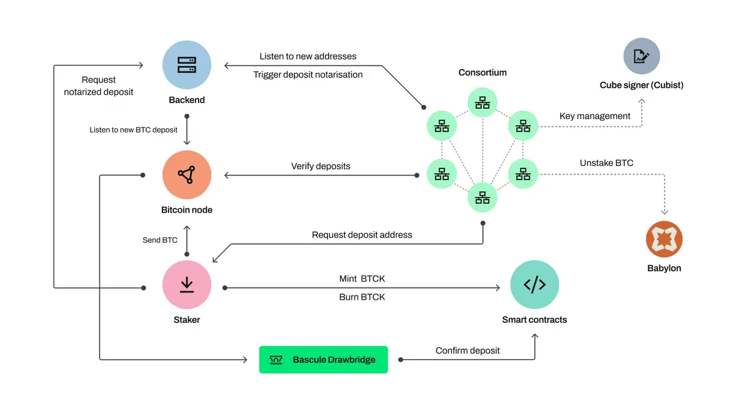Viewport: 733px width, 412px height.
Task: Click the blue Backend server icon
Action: (187, 65)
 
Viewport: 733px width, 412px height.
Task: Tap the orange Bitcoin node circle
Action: (187, 175)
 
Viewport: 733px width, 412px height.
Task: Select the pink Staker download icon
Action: (187, 285)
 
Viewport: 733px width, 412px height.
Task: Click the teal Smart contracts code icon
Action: (534, 285)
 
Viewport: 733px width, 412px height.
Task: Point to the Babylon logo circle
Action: (664, 239)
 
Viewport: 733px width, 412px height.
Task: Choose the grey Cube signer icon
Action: (641, 56)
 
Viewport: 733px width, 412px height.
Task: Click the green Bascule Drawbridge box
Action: (323, 360)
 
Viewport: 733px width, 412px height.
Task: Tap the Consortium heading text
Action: (483, 73)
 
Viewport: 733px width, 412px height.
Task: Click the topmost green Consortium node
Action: (483, 102)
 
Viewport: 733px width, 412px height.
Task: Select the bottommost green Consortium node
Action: (483, 197)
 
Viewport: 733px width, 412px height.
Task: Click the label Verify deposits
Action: (321, 166)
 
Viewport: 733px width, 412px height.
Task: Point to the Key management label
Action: (595, 116)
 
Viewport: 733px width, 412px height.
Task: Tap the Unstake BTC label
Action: (607, 163)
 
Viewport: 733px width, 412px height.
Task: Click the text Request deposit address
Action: (362, 235)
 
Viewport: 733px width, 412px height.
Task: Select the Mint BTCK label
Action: (362, 279)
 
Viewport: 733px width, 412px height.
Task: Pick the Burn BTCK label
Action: (362, 297)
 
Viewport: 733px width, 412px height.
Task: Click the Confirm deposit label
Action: (467, 350)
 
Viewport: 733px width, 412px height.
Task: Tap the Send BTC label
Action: (160, 240)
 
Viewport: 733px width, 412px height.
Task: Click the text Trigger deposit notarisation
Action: (308, 74)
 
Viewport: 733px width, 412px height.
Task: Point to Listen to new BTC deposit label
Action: (134, 130)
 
